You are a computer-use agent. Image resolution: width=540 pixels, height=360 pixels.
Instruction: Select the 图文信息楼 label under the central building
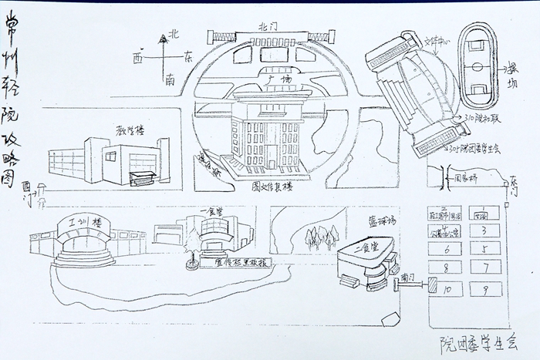click(x=273, y=186)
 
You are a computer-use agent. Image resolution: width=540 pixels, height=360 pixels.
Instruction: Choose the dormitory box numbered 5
click(x=484, y=248)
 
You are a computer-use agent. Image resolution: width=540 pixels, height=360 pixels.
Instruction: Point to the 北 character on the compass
click(x=174, y=33)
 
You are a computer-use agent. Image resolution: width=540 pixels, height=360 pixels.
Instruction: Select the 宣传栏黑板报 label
click(x=240, y=262)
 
